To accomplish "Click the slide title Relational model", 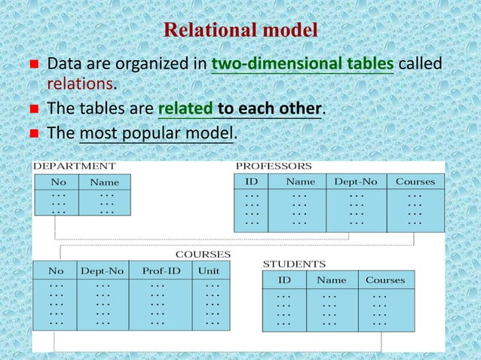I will [x=240, y=31].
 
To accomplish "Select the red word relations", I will [x=79, y=82].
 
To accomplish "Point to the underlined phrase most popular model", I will [x=157, y=133].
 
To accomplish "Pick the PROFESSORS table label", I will [x=274, y=166].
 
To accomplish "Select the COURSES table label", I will [x=203, y=255].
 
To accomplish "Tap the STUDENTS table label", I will [x=294, y=264].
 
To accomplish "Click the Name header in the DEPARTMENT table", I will [x=105, y=182].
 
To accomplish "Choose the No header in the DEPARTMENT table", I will [x=57, y=182].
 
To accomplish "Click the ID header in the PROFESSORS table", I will [x=252, y=182].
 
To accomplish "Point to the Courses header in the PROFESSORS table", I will [x=415, y=182].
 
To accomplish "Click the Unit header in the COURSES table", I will [x=209, y=270].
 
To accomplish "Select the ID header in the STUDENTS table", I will [x=284, y=280].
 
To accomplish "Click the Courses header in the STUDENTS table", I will [x=384, y=280].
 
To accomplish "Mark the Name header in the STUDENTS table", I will [x=332, y=280].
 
